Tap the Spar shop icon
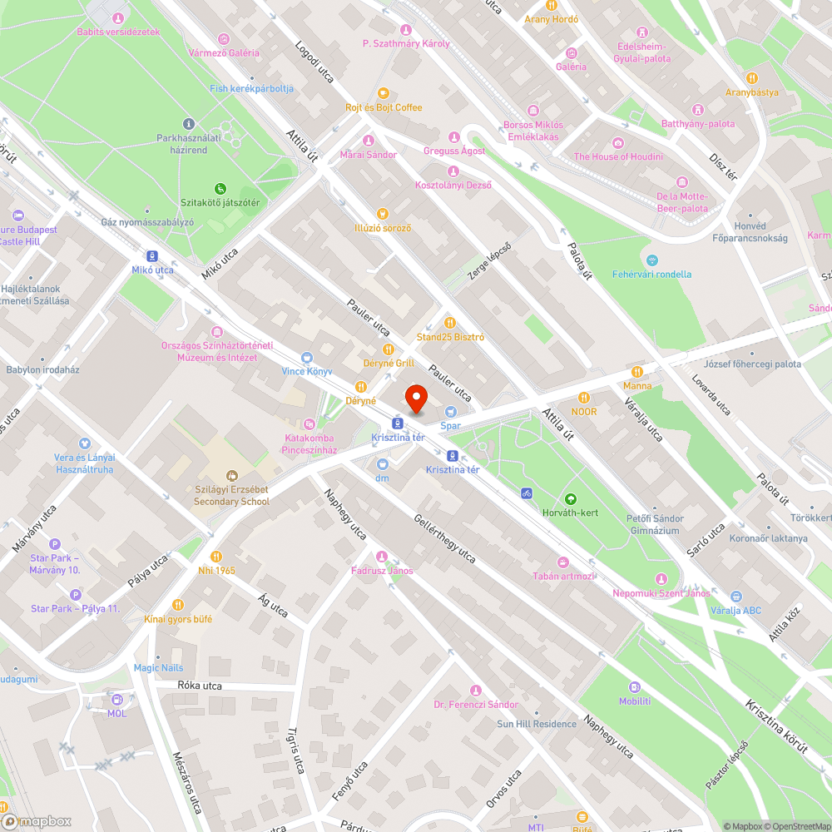tap(451, 411)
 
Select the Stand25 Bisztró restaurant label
tap(450, 337)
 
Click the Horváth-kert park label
tap(570, 513)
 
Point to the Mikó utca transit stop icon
tap(152, 255)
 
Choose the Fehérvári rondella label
tap(651, 274)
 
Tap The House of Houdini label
tap(618, 156)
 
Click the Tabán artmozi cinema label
tap(563, 576)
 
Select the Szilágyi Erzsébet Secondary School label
tap(231, 496)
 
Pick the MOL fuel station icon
tap(116, 700)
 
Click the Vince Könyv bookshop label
tap(307, 370)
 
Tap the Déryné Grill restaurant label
tap(389, 363)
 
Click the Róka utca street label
tap(200, 686)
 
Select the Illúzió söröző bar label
tap(383, 228)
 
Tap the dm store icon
tap(382, 464)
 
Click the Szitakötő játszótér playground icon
tap(220, 188)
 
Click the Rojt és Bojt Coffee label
tap(384, 107)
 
